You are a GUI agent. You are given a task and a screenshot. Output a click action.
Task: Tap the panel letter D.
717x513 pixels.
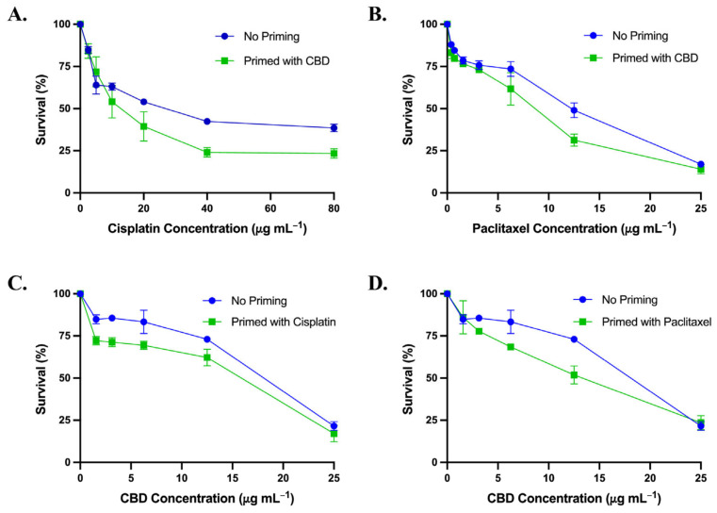click(x=380, y=281)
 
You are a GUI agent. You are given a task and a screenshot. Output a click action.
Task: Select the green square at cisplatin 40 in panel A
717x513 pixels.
click(x=206, y=152)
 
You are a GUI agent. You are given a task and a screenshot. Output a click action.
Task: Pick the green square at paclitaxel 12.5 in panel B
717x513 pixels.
click(x=574, y=141)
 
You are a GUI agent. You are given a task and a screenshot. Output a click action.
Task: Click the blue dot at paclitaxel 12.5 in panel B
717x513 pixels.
click(x=574, y=110)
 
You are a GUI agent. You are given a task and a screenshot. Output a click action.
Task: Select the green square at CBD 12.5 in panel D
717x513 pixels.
click(x=574, y=374)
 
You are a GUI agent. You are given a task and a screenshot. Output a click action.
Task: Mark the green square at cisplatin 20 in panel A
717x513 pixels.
click(x=143, y=126)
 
